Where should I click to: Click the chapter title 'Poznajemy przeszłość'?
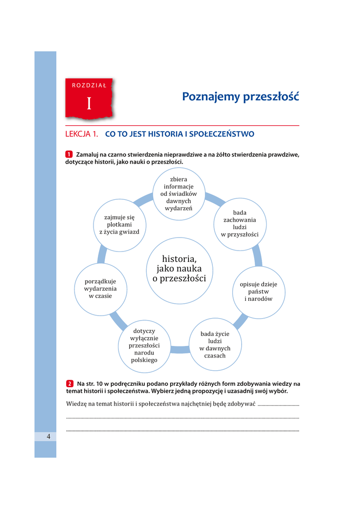coord(240,96)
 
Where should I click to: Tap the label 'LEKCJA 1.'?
coord(82,134)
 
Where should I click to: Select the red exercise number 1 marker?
coord(69,154)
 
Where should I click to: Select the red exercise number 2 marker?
coord(70,383)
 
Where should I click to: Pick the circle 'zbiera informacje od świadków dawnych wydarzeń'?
coord(179,193)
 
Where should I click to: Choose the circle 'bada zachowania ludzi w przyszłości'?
coord(240,223)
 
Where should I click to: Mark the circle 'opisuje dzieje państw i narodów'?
coord(259,292)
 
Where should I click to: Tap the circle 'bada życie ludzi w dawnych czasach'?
coord(215,344)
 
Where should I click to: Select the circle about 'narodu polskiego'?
coord(144,345)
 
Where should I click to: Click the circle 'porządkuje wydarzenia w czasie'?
coord(100,288)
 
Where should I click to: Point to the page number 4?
coord(49,436)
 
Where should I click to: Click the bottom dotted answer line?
coord(182,430)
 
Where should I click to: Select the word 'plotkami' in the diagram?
coord(119,224)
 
